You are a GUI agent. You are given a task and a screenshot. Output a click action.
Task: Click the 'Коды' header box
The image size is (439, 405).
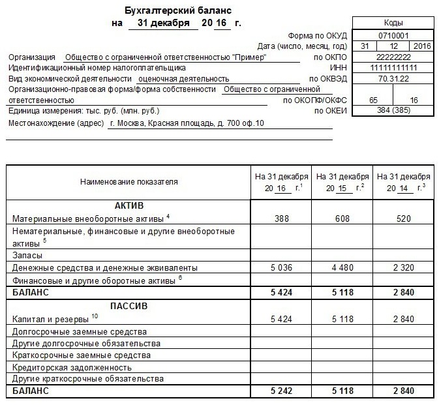(393, 23)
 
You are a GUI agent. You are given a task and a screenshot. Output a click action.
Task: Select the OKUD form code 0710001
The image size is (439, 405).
(393, 35)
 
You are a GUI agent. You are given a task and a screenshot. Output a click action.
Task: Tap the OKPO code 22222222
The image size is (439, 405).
(393, 57)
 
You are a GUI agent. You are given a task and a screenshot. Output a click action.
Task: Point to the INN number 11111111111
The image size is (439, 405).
(393, 68)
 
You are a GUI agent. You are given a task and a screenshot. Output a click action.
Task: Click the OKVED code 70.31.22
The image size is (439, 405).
(393, 78)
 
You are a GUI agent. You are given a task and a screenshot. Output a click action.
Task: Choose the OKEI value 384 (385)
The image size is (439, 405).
(393, 111)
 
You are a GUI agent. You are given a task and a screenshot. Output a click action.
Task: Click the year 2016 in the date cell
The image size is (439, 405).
(421, 46)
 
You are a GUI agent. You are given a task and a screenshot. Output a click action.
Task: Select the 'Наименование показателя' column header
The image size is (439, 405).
(129, 182)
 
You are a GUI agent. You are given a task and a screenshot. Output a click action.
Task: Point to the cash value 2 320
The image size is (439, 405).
(403, 267)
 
